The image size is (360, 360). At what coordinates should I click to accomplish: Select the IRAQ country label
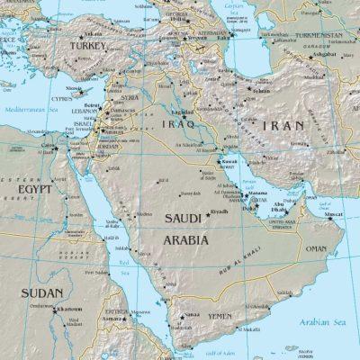click(175, 123)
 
